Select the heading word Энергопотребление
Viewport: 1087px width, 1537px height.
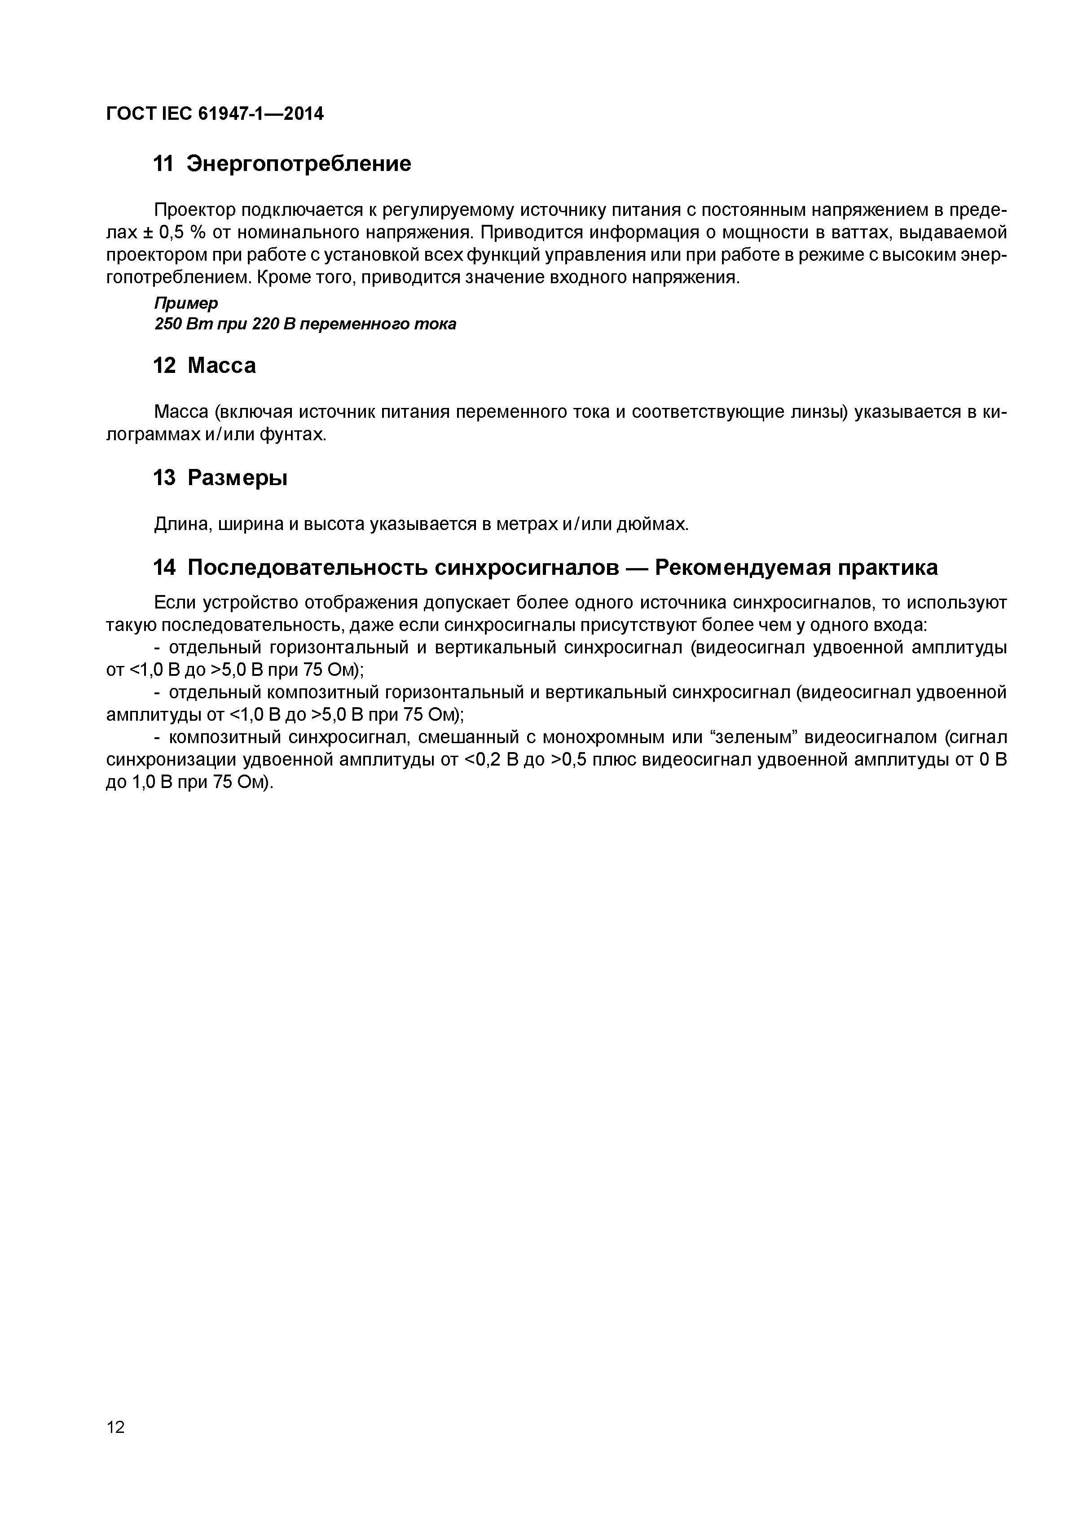[299, 164]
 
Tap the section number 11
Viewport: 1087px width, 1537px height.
[164, 164]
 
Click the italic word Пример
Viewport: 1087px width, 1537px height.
[186, 304]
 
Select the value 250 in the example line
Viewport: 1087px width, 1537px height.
[167, 324]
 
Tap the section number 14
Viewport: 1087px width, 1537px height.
[164, 568]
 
